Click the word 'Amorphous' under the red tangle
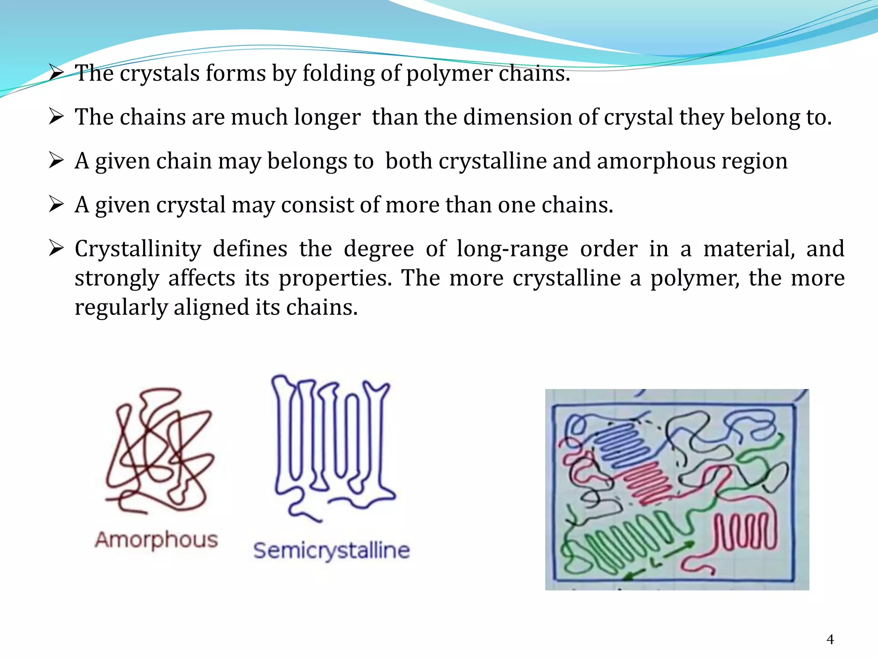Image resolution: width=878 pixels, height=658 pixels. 156,540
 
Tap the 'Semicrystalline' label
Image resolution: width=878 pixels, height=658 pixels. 331,550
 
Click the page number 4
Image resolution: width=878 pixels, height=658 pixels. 830,640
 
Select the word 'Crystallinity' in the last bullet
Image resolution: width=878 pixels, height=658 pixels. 138,249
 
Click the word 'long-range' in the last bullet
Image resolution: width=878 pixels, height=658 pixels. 512,249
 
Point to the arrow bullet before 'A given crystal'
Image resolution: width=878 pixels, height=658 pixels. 56,204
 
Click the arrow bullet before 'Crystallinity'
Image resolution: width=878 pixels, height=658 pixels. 56,248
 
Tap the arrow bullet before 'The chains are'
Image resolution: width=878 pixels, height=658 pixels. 56,116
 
